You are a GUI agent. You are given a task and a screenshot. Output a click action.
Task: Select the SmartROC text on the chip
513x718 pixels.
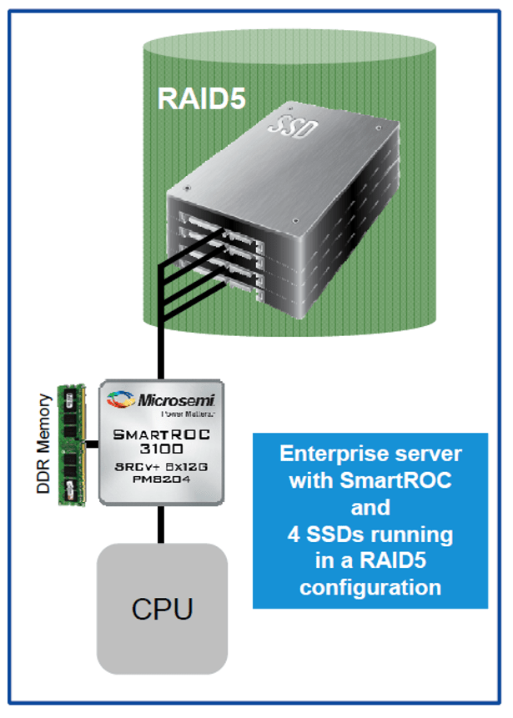(x=162, y=434)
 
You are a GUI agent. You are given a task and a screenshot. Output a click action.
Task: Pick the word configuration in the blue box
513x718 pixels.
(x=370, y=586)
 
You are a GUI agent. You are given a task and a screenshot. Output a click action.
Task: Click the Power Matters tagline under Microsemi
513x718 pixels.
(x=184, y=413)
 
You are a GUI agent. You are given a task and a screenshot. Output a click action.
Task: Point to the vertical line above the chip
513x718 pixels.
(x=162, y=350)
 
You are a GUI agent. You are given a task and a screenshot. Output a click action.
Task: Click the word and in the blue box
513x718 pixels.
(x=370, y=507)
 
